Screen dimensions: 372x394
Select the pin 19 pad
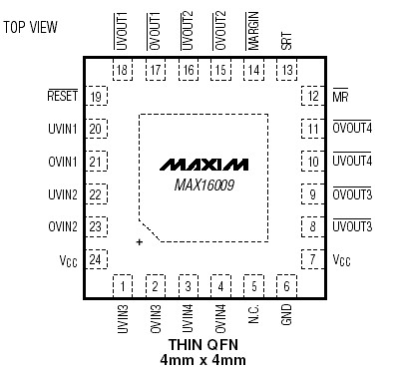click(x=97, y=97)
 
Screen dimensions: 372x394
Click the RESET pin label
click(x=62, y=97)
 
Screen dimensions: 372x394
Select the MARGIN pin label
click(x=253, y=30)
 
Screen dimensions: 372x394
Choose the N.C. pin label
click(x=253, y=318)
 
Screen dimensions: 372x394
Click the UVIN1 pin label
click(x=63, y=129)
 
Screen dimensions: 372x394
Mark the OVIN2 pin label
click(x=63, y=227)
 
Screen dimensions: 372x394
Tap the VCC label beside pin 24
click(x=67, y=261)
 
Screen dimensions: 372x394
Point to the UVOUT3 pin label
click(x=352, y=227)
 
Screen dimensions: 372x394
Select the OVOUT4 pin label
click(x=352, y=129)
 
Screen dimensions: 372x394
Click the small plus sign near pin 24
click(x=140, y=242)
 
